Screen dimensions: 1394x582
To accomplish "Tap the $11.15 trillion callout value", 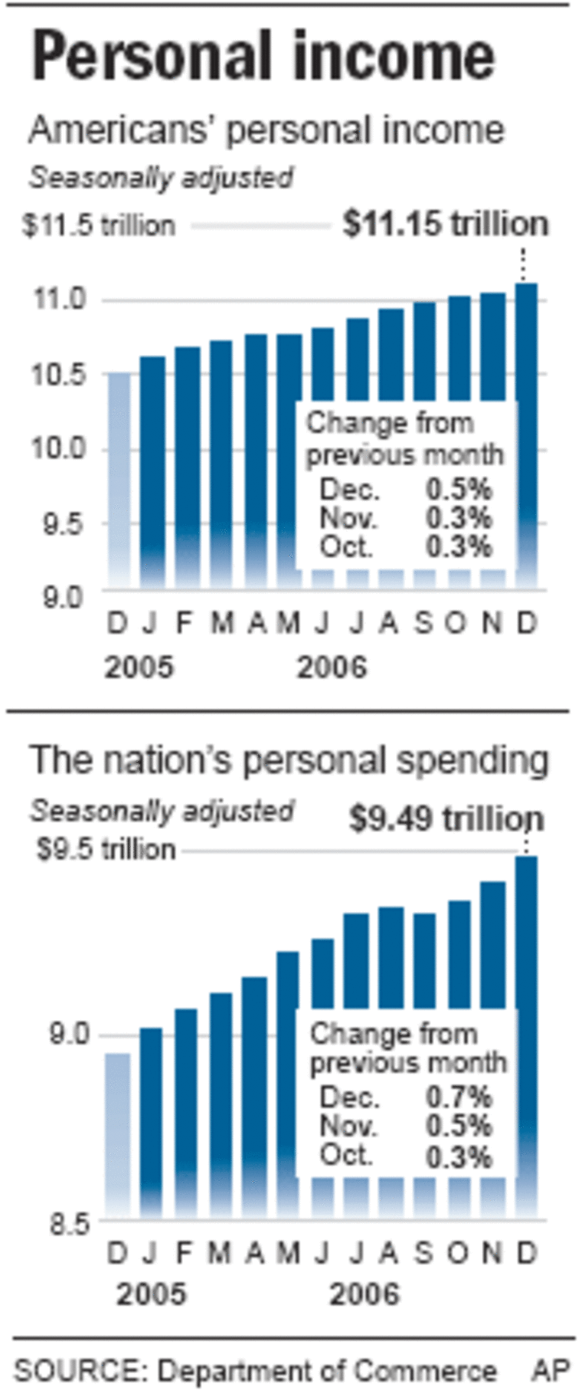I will (x=446, y=224).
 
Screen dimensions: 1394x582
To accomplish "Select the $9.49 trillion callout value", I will (x=446, y=818).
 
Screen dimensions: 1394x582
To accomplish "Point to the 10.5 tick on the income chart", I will (x=58, y=375).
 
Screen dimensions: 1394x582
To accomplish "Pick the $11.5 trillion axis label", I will (x=98, y=225).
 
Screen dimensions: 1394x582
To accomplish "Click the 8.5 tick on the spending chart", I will (x=70, y=1224).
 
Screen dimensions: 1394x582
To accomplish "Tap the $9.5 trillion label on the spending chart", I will (x=106, y=849).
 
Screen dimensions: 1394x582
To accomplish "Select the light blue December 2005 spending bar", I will (x=117, y=1134).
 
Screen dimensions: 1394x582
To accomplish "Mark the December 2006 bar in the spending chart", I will (x=526, y=1035).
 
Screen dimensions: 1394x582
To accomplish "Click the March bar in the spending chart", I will (x=221, y=1104).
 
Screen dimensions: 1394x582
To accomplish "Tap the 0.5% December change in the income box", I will (x=458, y=489).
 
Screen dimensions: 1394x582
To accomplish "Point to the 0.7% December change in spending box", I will (x=458, y=1097).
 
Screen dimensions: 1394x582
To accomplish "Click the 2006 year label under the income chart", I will (x=332, y=667).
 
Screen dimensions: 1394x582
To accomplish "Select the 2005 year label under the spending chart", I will (x=151, y=1294).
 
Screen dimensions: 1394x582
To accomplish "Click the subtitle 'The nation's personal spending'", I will (x=289, y=760).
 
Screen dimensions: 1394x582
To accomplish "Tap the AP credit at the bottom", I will (x=551, y=1370).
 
